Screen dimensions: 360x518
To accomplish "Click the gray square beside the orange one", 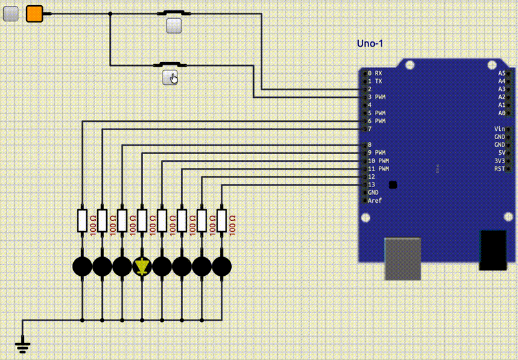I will pos(11,13).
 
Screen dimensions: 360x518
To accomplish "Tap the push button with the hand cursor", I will pos(170,77).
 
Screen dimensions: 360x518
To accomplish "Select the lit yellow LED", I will pos(142,266).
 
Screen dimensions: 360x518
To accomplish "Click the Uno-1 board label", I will pos(370,43).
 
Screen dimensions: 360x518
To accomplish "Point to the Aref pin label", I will pos(375,201).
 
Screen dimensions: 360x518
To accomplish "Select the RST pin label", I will pos(499,169).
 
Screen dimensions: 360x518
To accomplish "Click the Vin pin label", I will pos(499,129).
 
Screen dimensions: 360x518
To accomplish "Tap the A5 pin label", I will pos(501,73).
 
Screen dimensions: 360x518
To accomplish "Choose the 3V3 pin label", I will pos(499,161).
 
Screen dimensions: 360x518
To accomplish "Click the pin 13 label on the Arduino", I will pos(371,185).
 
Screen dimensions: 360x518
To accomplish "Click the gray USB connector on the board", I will pos(403,259).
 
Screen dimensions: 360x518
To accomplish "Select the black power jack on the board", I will pos(493,250).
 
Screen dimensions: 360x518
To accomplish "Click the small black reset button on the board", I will pos(393,185).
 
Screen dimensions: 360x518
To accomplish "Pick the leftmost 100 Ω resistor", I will pos(82,221).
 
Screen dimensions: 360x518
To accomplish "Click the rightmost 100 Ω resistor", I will pos(222,221).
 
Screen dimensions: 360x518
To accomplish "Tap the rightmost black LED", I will pos(222,266).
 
